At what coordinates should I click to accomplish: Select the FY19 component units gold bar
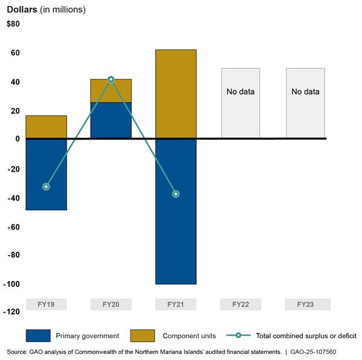(46, 127)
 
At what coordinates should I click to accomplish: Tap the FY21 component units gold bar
(176, 94)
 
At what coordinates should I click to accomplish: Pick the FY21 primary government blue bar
(176, 211)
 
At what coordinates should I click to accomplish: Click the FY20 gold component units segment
(111, 91)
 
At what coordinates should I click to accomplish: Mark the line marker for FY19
(46, 187)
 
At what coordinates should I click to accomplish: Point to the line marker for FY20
(111, 79)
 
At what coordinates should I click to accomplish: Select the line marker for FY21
(176, 194)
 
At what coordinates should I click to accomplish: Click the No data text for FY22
(240, 92)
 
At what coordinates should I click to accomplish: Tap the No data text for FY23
(305, 92)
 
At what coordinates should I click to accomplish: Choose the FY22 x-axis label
(240, 304)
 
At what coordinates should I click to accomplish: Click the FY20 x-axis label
(111, 304)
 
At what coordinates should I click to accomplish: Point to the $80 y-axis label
(13, 24)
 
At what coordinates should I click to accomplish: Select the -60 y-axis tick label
(13, 227)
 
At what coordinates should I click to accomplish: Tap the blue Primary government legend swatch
(38, 336)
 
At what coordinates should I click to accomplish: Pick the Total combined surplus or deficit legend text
(306, 336)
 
